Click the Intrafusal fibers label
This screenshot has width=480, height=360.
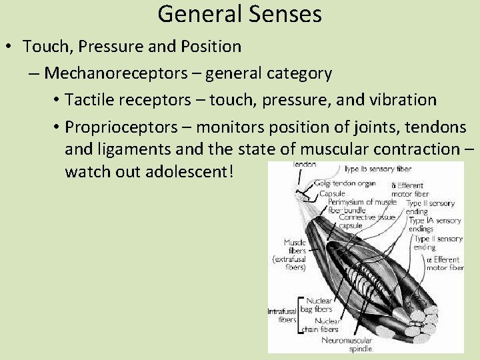(x=282, y=315)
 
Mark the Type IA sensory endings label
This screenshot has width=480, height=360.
(x=434, y=224)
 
